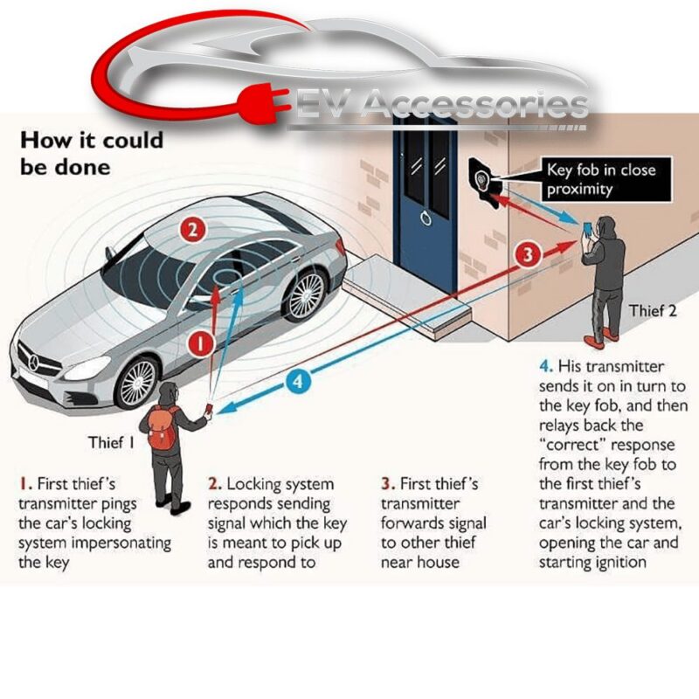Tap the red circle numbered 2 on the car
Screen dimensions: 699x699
point(192,231)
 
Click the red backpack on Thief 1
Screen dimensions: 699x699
point(163,428)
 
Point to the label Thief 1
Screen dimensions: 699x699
point(111,442)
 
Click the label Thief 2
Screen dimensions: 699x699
point(653,309)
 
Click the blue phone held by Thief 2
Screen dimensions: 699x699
point(586,229)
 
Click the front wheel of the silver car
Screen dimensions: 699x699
point(136,383)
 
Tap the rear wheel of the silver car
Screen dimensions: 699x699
point(305,294)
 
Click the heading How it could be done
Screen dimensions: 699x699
point(90,152)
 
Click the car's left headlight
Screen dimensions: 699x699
point(87,367)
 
